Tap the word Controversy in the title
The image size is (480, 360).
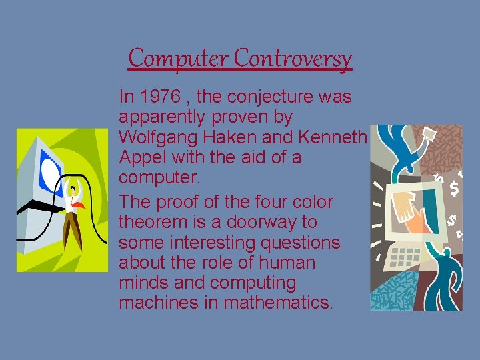[293, 59]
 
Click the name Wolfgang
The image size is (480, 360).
[156, 138]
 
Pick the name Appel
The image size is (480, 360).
[139, 159]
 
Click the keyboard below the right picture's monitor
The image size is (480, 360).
[403, 257]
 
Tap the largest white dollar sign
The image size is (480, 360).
[454, 189]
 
